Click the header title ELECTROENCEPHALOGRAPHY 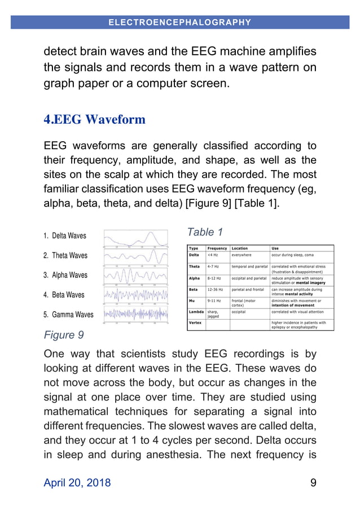click(179, 23)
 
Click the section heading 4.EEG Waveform click(94, 120)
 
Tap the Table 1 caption click(205, 232)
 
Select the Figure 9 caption click(64, 335)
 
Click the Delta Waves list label click(65, 236)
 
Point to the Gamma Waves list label click(68, 315)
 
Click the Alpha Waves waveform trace click(136, 276)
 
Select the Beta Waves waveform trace click(136, 295)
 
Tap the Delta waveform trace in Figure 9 click(136, 238)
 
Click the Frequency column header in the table click(217, 248)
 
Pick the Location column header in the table click(240, 248)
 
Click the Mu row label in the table click(193, 301)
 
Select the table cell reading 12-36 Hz click(216, 289)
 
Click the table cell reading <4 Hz click(214, 255)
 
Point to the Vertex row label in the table click(195, 322)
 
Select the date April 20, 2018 click(77, 482)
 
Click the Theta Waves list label click(65, 255)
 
